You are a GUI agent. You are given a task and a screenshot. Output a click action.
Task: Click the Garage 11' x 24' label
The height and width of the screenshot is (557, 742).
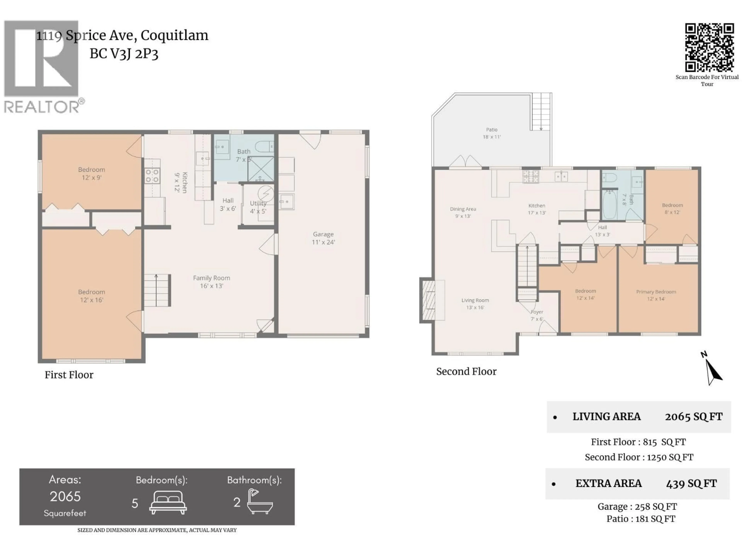click(x=323, y=238)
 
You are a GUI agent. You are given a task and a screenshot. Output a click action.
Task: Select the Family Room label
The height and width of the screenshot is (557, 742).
click(x=211, y=282)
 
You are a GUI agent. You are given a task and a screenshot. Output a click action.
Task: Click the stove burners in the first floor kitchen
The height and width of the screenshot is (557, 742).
click(x=152, y=176)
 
